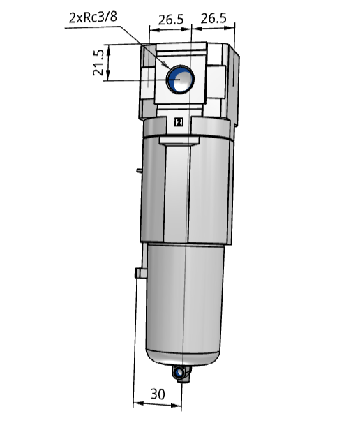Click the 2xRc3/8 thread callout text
point(93,16)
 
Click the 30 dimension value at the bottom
point(158,393)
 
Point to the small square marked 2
point(179,123)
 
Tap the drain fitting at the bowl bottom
point(183,375)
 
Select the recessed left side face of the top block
point(147,80)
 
